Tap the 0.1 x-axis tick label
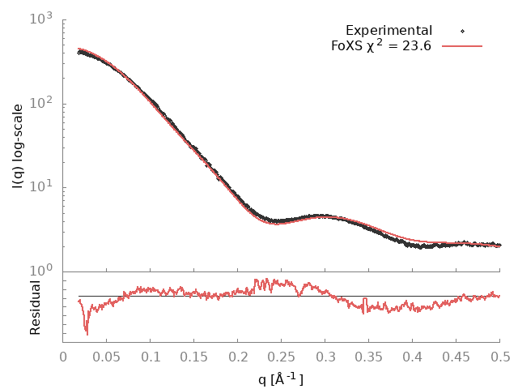pos(151,356)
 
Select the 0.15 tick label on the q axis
pos(194,356)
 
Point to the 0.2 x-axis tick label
pos(238,356)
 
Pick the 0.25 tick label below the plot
pos(282,356)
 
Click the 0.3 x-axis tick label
pos(325,356)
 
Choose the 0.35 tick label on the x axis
pos(369,356)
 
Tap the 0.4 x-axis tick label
pos(413,356)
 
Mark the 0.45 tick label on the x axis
pos(456,356)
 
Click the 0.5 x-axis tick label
pos(499,356)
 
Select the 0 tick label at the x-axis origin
pos(64,356)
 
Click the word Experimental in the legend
pos(388,31)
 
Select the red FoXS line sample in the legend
pos(462,46)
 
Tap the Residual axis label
pos(35,307)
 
